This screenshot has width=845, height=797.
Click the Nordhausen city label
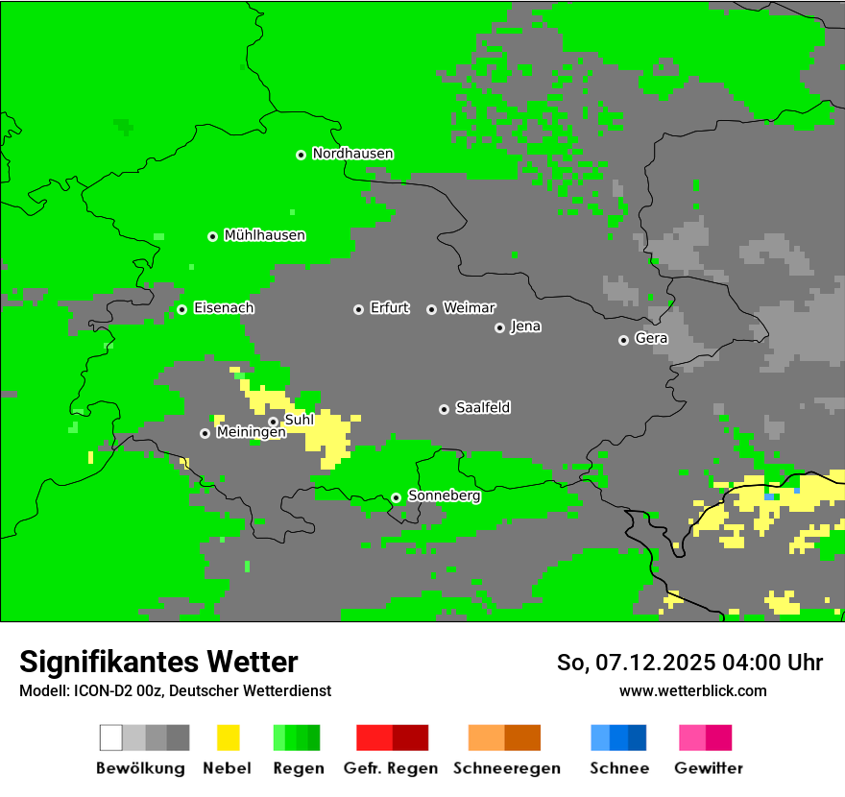pos(352,154)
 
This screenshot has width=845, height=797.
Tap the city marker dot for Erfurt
pos(358,309)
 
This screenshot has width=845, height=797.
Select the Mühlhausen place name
pos(264,235)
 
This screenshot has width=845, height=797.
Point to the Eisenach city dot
pos(181,309)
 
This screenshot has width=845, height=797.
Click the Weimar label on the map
pos(469,308)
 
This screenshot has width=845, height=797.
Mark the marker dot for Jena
pos(499,327)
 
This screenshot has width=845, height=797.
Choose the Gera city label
pos(651,338)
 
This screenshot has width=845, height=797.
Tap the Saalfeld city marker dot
pos(444,409)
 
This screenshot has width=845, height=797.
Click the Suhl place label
pos(299,420)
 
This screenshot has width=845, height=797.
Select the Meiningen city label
pos(251,433)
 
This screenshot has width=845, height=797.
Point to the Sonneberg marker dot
pos(396,497)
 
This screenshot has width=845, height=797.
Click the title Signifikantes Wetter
pos(158,662)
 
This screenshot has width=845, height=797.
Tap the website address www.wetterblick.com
pos(692,690)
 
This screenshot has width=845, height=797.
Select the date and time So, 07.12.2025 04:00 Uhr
pos(689,663)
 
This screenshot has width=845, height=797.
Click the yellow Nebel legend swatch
pos(228,737)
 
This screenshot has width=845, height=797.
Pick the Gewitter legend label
pos(708,768)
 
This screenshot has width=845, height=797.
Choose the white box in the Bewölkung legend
pos(111,737)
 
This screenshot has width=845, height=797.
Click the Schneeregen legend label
pos(506,768)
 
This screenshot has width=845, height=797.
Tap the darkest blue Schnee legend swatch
pos(637,737)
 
